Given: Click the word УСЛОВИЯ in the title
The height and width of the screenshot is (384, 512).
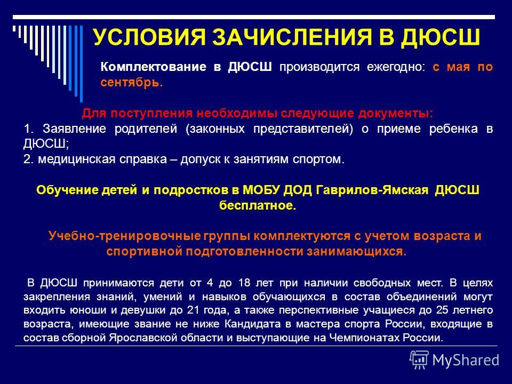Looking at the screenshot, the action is point(149,37).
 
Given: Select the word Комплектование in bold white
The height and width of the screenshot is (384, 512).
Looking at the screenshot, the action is point(154,67).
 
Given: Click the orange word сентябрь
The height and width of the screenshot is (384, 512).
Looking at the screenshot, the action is point(132,82).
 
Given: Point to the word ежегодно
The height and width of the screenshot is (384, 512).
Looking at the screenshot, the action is point(396,67).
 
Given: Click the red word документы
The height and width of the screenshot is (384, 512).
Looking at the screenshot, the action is point(395,113).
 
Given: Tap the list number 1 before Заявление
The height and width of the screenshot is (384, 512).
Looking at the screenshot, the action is point(28,129).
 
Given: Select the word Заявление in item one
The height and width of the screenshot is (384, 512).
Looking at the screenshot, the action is point(75,129).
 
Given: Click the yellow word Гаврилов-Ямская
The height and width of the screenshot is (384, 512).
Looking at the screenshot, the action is point(372,190).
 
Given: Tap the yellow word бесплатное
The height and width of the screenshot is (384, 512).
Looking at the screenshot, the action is point(258,206).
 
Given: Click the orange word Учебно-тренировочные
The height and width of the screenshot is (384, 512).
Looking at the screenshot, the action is point(124,236).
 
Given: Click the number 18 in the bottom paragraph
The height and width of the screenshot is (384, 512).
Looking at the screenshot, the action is point(244,283).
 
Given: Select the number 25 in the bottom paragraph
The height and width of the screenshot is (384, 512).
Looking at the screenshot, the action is point(442,310).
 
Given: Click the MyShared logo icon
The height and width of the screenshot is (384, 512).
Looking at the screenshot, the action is point(419,360).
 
